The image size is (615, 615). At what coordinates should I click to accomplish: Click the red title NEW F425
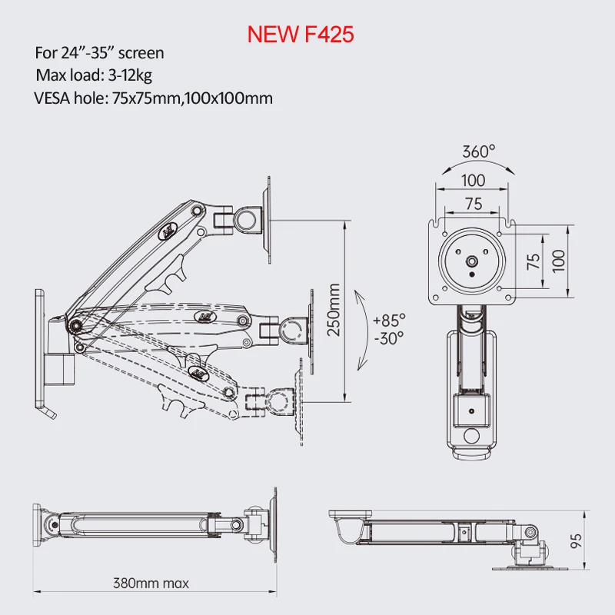[300, 34]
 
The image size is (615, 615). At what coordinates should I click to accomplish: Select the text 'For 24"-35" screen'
[99, 54]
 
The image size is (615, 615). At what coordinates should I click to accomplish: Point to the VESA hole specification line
[153, 98]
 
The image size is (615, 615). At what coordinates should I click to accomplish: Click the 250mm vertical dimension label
[334, 310]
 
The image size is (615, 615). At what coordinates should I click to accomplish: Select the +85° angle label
[388, 319]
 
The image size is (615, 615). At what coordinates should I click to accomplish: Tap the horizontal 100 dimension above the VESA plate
[474, 180]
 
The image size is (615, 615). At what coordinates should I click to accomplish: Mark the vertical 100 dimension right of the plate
[558, 261]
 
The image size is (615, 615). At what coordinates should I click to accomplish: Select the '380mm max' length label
[151, 583]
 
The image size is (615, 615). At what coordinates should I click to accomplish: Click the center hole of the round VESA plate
[471, 261]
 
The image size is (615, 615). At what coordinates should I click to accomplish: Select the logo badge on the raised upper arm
[168, 228]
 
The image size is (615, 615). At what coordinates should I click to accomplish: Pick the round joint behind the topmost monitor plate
[247, 218]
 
